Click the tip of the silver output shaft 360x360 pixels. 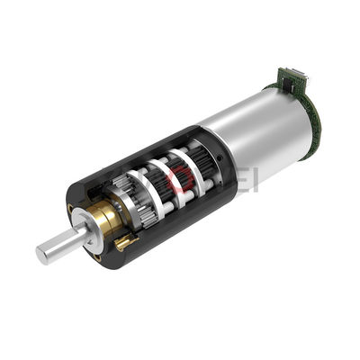(x=42, y=254)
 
